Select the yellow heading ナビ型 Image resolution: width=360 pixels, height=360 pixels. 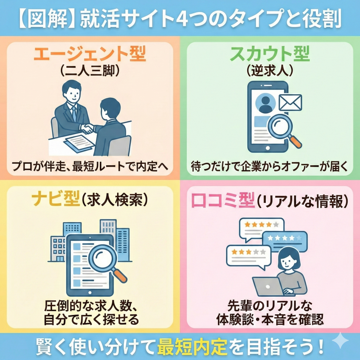[53, 199]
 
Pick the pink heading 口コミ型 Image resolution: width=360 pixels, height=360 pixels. [222, 199]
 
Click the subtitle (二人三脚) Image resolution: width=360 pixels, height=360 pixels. [90, 71]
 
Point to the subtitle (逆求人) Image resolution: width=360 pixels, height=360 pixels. [270, 71]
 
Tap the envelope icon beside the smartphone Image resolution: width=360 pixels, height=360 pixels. [290, 102]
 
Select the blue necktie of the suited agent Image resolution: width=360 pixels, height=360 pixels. [74, 112]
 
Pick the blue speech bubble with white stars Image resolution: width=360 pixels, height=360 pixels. [285, 239]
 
